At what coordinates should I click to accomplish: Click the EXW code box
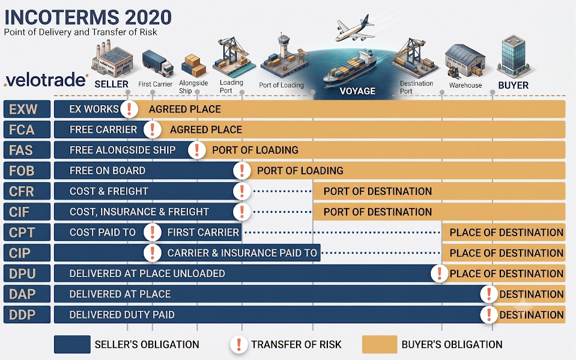[x=27, y=109]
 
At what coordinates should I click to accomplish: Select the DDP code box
[x=27, y=315]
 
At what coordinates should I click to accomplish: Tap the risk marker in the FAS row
[x=197, y=150]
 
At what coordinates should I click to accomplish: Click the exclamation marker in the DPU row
[x=439, y=273]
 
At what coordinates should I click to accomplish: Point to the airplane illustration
[x=354, y=28]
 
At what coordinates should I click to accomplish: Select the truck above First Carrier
[x=157, y=63]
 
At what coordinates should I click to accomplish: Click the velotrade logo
[x=46, y=80]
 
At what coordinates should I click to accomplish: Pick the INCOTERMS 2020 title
[x=88, y=17]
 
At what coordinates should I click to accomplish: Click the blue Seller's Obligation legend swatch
[x=72, y=344]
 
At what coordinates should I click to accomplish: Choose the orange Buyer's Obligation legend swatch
[x=380, y=344]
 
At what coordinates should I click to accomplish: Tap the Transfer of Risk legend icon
[x=239, y=344]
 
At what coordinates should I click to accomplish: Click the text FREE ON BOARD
[x=108, y=171]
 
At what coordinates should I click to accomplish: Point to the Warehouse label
[x=465, y=85]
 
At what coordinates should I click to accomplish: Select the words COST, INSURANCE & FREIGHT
[x=139, y=212]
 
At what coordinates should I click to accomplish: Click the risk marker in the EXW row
[x=129, y=109]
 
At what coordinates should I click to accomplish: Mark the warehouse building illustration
[x=465, y=61]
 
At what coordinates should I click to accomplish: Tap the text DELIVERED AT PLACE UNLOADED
[x=147, y=273]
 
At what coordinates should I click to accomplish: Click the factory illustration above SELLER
[x=112, y=59]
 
